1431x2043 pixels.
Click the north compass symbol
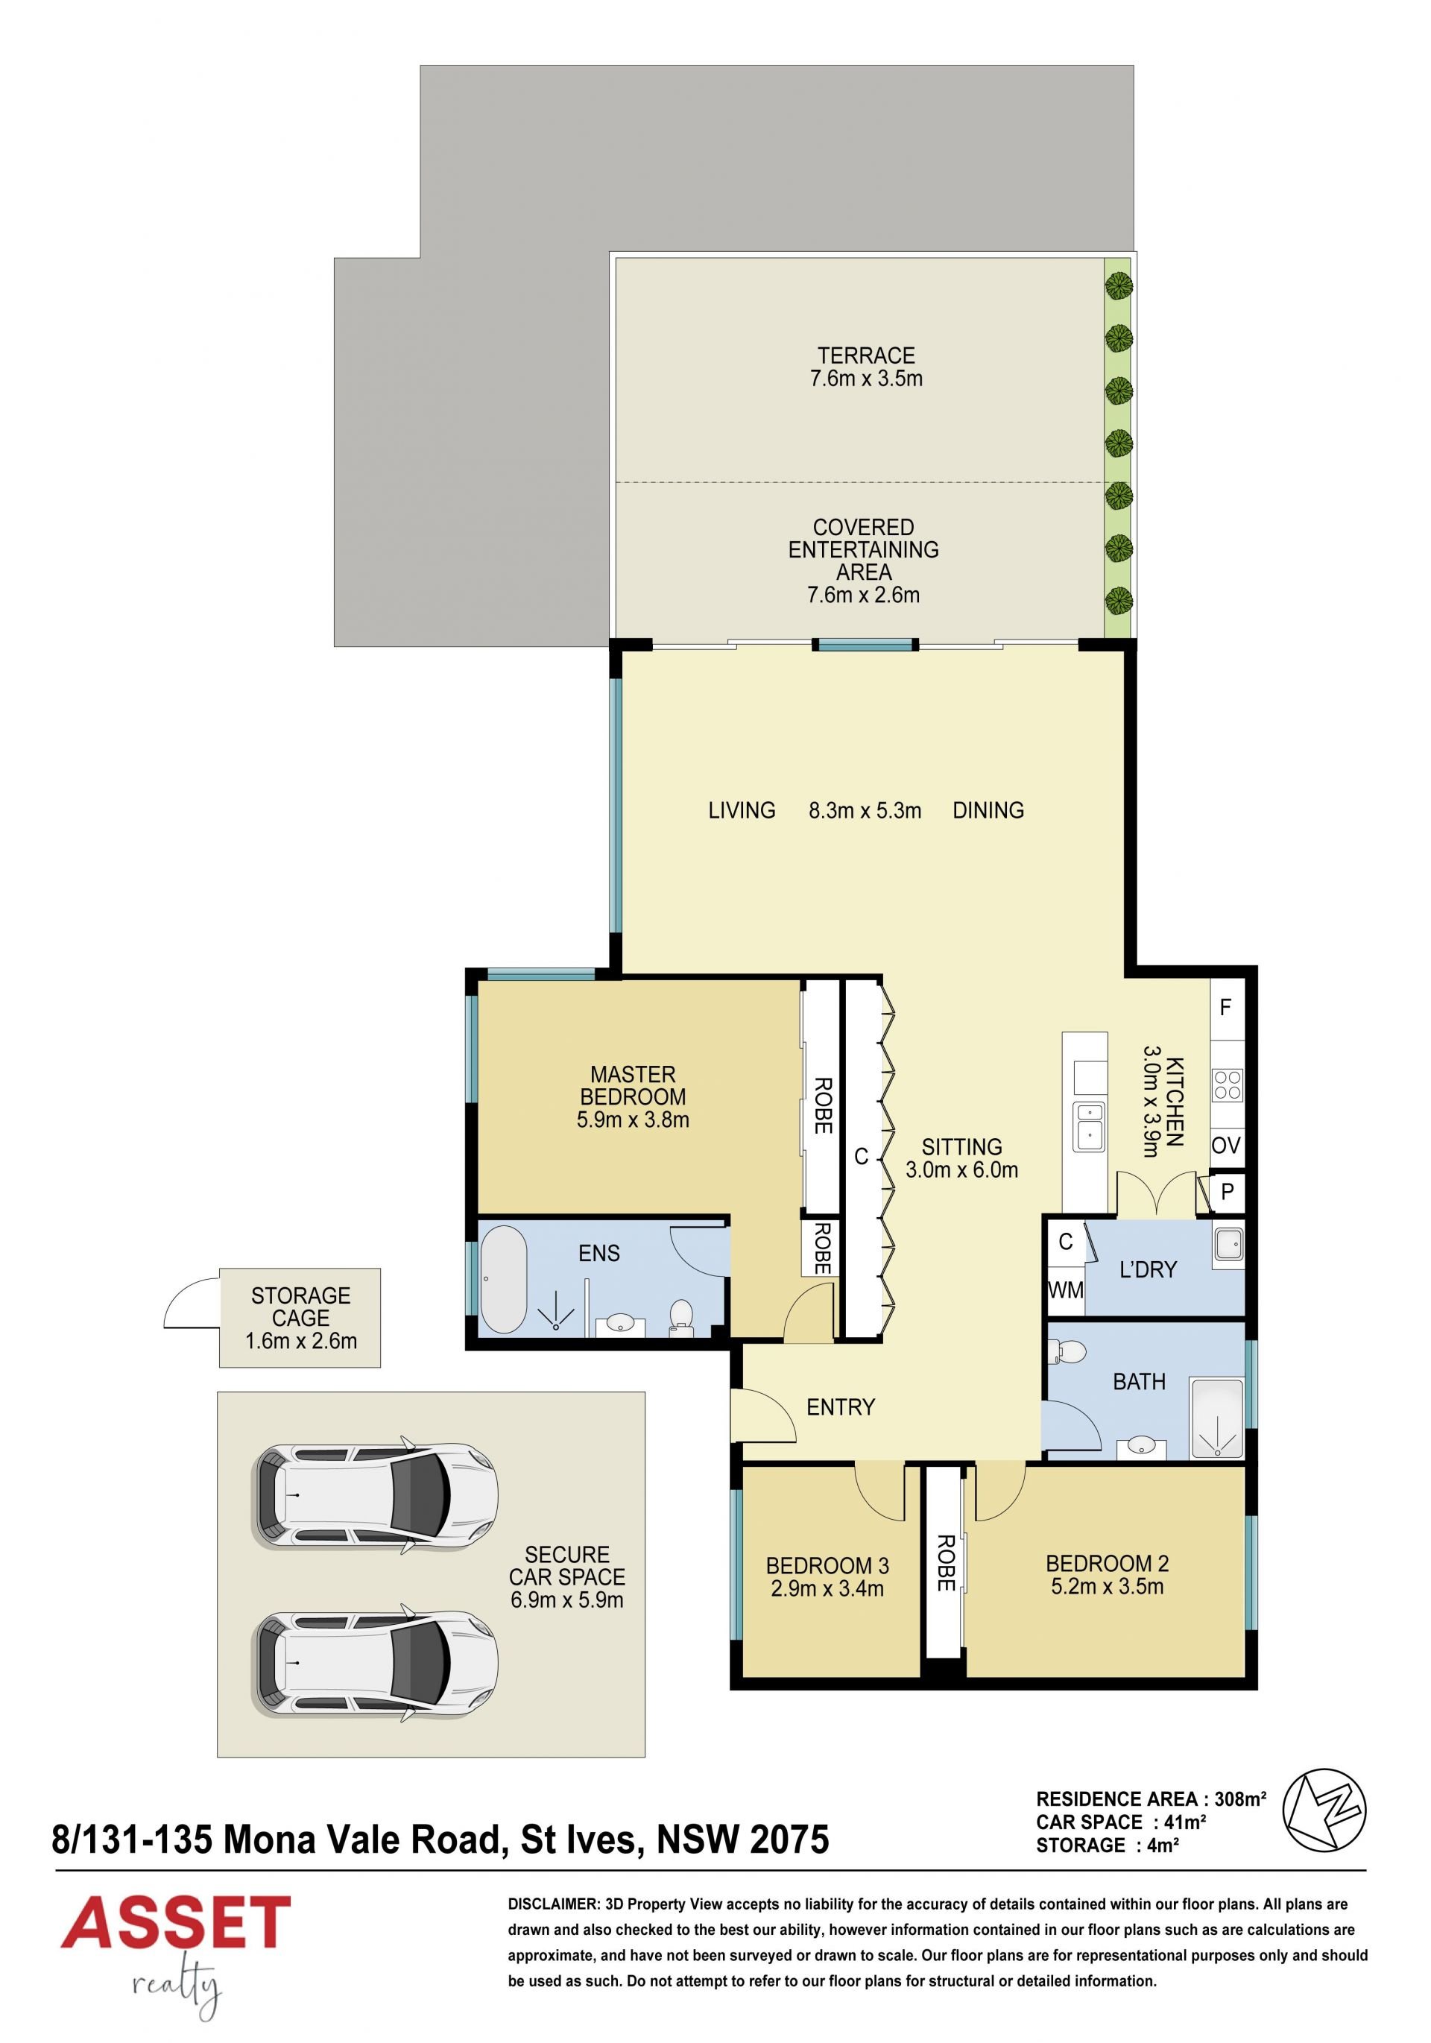pos(1324,1809)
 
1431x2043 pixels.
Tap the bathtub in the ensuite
pos(504,1280)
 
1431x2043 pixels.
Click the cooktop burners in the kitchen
pos(1228,1085)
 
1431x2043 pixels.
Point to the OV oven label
pos(1225,1145)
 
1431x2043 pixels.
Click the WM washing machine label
pos(1065,1289)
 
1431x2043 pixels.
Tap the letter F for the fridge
pos(1225,1007)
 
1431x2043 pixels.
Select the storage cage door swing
pos(192,1303)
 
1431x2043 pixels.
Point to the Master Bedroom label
pos(633,1085)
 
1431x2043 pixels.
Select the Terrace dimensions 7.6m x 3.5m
pos(866,378)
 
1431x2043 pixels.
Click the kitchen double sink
pos(1087,1126)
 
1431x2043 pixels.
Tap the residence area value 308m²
pos(1239,1799)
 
